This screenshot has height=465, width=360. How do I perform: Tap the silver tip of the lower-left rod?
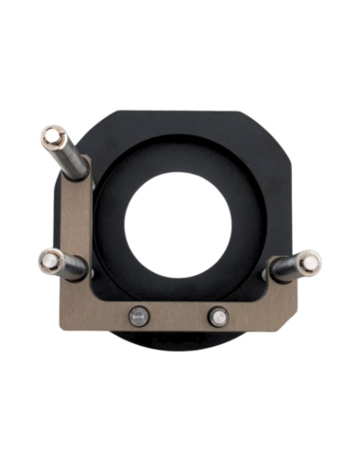coord(49,259)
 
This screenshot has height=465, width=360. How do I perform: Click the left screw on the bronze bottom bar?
coord(140,316)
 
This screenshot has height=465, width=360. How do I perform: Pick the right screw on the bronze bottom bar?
coord(217,316)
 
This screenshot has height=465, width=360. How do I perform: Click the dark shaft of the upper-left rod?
coord(73,161)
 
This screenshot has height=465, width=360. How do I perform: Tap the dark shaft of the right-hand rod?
coord(284,268)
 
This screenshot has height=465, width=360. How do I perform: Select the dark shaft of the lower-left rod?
coord(73,267)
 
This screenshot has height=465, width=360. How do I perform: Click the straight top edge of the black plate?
coord(189,113)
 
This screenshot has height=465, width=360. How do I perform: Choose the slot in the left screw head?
coord(140,316)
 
